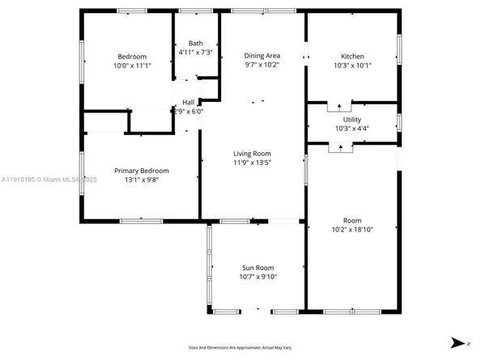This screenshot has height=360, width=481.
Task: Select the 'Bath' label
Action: click(x=196, y=43)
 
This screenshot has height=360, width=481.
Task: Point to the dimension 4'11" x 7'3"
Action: click(x=196, y=53)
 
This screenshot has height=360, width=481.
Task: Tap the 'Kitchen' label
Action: click(x=352, y=56)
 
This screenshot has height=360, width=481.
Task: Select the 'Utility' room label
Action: click(x=352, y=118)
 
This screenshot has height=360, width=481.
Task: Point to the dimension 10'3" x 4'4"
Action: click(x=352, y=128)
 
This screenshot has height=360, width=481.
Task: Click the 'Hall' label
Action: click(x=189, y=102)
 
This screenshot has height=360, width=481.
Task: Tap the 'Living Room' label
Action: click(x=252, y=153)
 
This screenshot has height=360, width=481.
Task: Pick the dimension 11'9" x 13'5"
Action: click(x=252, y=163)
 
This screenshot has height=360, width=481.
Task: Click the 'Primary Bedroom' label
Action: click(x=141, y=171)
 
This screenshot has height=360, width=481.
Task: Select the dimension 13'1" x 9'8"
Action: click(x=141, y=180)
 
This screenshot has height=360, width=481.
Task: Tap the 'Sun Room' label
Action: click(x=258, y=268)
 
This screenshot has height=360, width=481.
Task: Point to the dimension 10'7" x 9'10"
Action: click(x=258, y=277)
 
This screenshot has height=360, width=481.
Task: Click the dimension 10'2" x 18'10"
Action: click(x=352, y=230)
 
